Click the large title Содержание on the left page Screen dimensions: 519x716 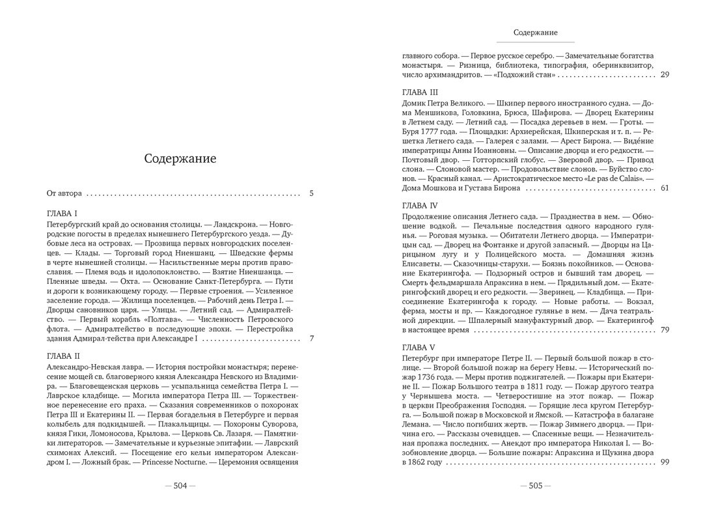coord(180,159)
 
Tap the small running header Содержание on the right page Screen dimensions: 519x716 coord(535,32)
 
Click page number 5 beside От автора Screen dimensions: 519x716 coord(311,193)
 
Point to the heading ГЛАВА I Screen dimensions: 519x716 coord(62,214)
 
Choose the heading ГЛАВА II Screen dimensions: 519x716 coord(64,356)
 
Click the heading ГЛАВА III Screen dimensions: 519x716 coord(420,92)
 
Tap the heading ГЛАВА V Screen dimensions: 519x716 coord(419,347)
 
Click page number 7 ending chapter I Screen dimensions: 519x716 coord(311,339)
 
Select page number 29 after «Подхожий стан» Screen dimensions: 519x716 coord(664,75)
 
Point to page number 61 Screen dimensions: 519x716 coord(664,188)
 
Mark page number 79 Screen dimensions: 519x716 coord(664,330)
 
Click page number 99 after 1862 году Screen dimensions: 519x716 coord(664,462)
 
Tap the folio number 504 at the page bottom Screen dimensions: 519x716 coord(180,485)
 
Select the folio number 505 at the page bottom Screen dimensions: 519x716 coord(535,485)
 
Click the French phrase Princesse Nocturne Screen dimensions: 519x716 coord(174,462)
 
